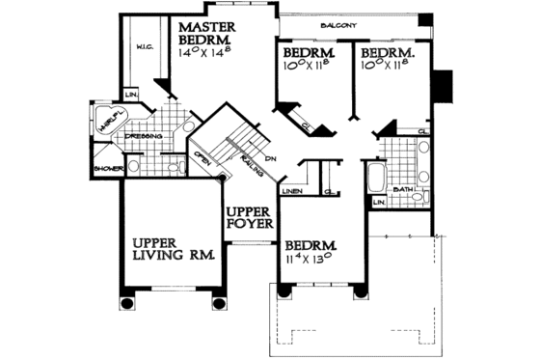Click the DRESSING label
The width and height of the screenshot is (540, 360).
pyautogui.click(x=143, y=136)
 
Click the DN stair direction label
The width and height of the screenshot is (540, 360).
pyautogui.click(x=273, y=157)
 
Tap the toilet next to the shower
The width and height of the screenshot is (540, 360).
pyautogui.click(x=175, y=167)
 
